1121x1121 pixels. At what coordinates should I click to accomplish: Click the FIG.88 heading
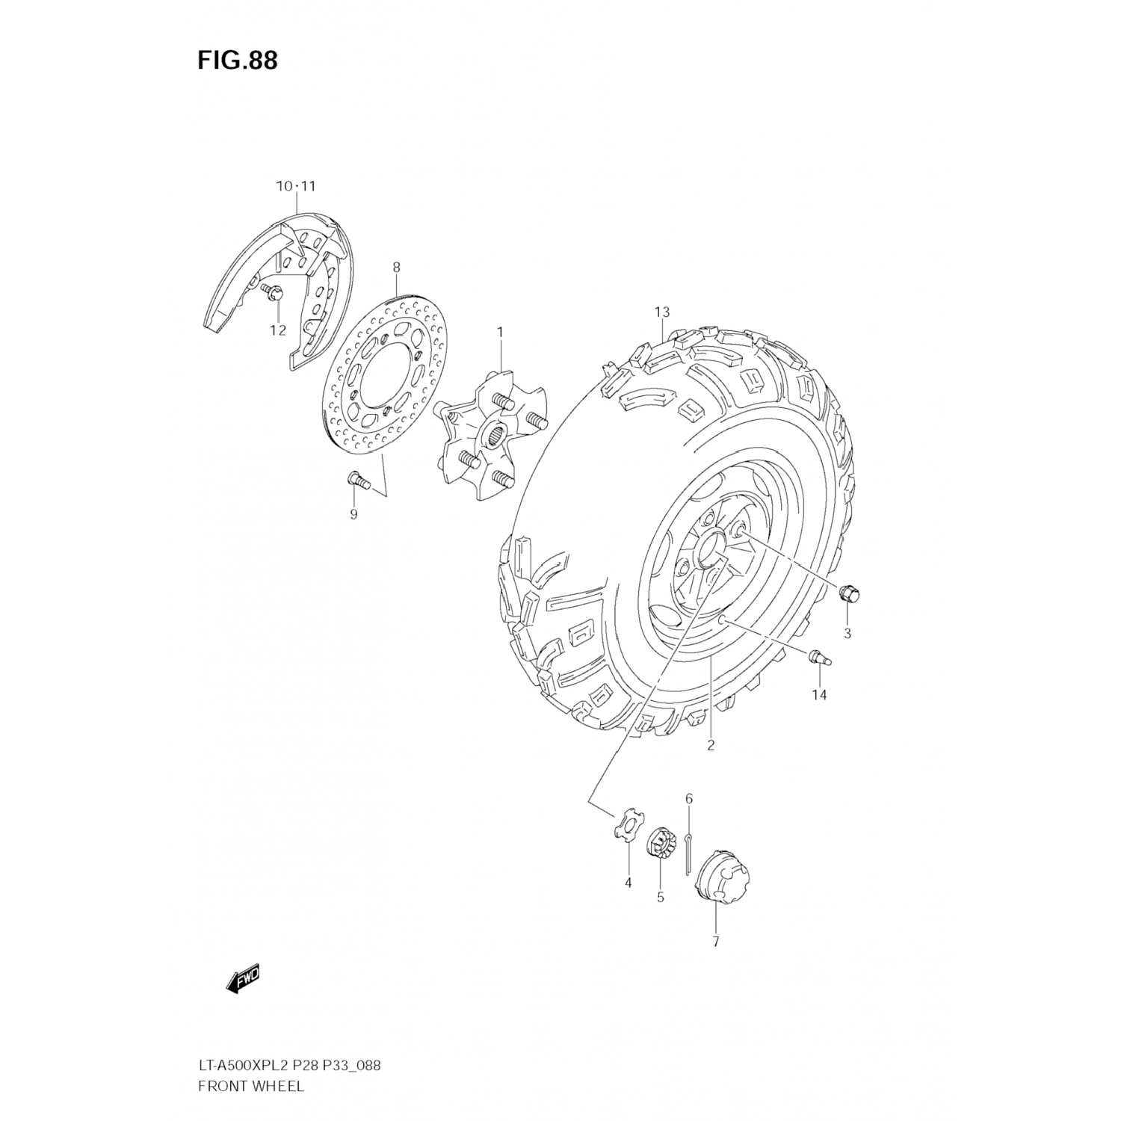(x=237, y=60)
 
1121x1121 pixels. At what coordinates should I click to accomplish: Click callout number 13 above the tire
(x=661, y=312)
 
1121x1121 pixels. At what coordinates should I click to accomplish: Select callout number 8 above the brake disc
(x=396, y=267)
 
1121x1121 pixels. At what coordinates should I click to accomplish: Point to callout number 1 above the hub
(x=500, y=331)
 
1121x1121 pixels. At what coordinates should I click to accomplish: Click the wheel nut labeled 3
(x=848, y=594)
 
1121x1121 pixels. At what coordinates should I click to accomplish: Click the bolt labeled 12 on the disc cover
(x=273, y=292)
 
